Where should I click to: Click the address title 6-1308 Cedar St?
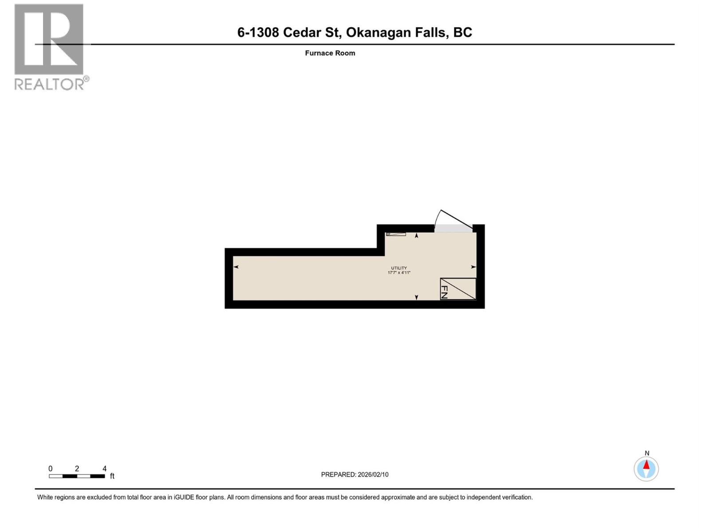tap(288, 32)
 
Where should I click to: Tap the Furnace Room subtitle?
tap(330, 53)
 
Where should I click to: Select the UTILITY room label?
tap(399, 268)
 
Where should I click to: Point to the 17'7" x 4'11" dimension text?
tap(399, 273)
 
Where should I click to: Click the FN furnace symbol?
tap(458, 289)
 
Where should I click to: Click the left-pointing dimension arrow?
tap(236, 267)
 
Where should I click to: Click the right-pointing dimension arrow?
tap(473, 267)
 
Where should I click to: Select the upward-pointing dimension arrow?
tap(416, 236)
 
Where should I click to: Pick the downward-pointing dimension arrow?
tap(416, 297)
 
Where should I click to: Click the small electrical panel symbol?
tap(395, 234)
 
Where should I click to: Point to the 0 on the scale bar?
tap(51, 469)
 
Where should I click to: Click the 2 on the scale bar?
tap(77, 469)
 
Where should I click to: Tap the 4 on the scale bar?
tap(105, 469)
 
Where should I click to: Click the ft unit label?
tap(112, 476)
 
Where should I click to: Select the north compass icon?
tap(646, 469)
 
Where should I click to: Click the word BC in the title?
tap(462, 32)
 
